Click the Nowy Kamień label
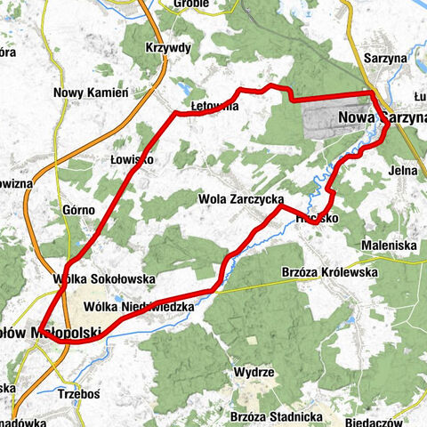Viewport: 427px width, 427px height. tap(92, 93)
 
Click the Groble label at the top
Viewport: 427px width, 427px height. tap(191, 4)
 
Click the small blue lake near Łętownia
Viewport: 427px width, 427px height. tap(184, 90)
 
